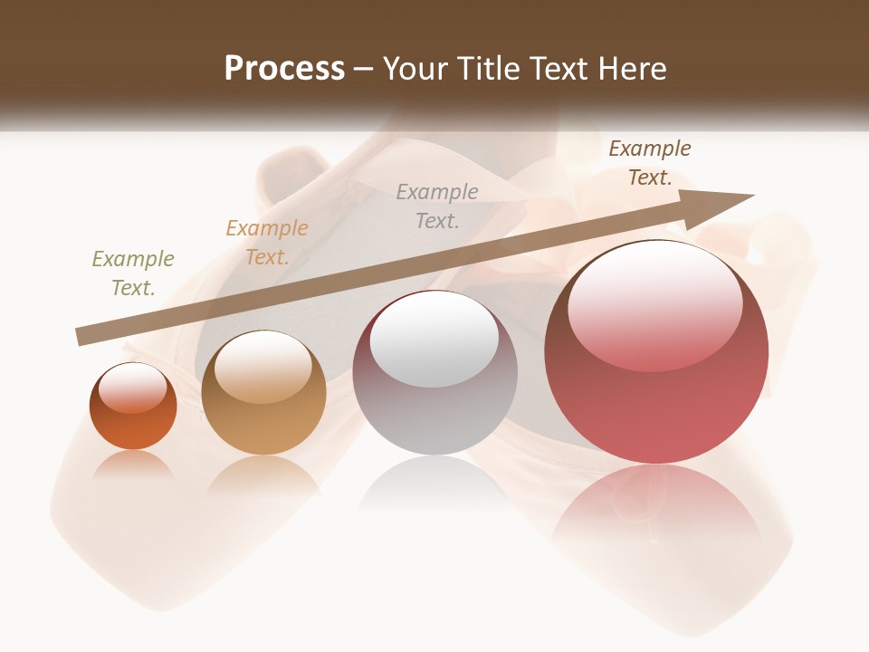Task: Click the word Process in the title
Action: click(284, 69)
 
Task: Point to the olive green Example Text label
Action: click(132, 273)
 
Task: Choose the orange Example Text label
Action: click(266, 243)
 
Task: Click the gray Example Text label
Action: click(437, 206)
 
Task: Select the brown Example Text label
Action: click(649, 163)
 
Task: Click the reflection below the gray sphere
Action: click(434, 484)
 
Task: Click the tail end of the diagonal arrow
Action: click(83, 337)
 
